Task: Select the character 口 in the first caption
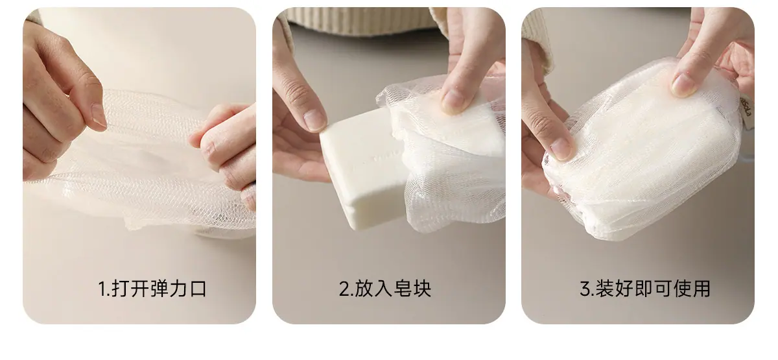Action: (198, 289)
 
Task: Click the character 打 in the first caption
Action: (121, 289)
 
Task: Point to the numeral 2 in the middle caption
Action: (344, 289)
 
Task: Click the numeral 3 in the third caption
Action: (585, 289)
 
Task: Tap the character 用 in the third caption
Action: (701, 289)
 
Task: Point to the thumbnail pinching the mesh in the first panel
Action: (99, 115)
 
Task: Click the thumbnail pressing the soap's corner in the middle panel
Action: (315, 120)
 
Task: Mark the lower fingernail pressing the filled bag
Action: (560, 149)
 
